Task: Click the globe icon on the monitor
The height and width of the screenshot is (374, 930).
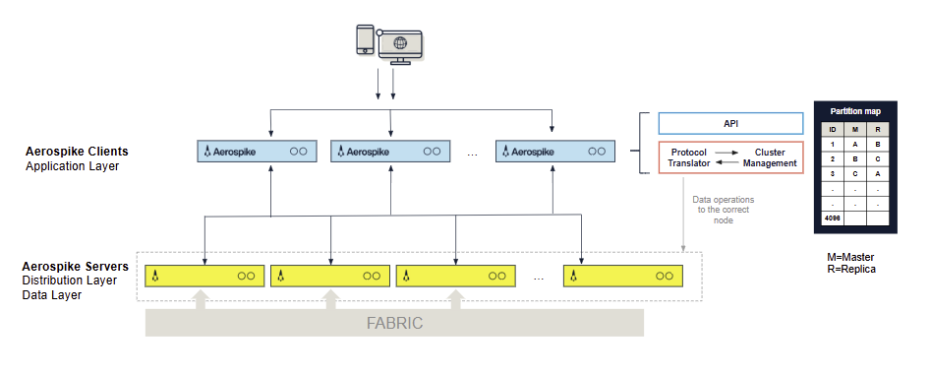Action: click(400, 44)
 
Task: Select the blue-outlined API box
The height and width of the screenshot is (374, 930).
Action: click(730, 124)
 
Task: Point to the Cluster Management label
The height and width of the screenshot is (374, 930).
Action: click(770, 157)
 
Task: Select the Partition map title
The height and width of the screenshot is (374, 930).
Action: click(855, 111)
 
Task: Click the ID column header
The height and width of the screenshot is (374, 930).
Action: click(833, 129)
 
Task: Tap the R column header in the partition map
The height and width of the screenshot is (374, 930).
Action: click(878, 129)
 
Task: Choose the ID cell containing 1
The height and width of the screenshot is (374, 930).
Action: click(833, 144)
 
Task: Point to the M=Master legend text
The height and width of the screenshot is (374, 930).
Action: click(851, 257)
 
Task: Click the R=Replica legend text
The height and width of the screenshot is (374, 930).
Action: click(851, 269)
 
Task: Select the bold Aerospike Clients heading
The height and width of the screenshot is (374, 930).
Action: click(77, 152)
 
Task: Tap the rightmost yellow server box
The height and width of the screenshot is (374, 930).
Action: click(623, 277)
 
